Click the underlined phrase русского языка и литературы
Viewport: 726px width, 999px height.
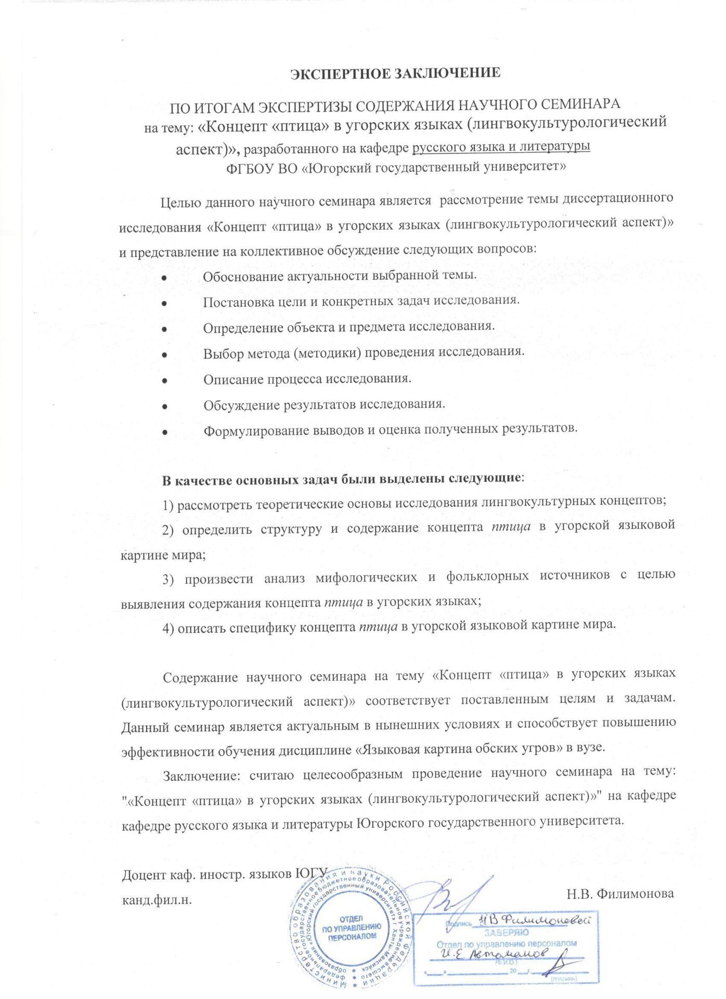pyautogui.click(x=501, y=147)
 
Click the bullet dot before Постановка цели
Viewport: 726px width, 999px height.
pyautogui.click(x=164, y=302)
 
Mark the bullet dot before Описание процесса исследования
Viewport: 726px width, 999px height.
pyautogui.click(x=164, y=380)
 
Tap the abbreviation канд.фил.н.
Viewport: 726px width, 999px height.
pyautogui.click(x=157, y=901)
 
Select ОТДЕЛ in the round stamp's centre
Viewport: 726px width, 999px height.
pyautogui.click(x=351, y=919)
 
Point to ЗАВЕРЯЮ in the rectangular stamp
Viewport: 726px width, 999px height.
pyautogui.click(x=499, y=933)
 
